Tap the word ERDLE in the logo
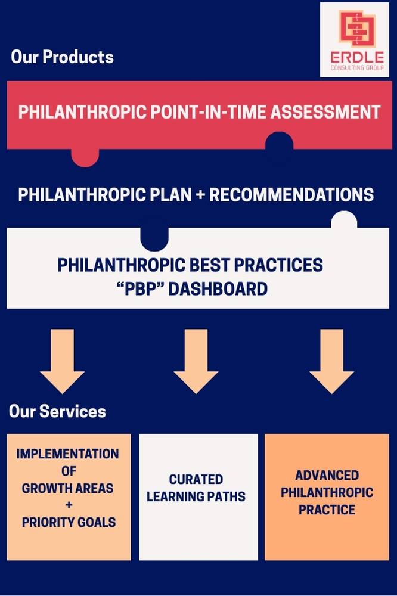coord(356,58)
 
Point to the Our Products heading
coord(63,57)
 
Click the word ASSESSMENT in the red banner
coord(325,112)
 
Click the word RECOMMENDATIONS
coord(291,195)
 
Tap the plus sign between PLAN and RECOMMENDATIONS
coord(200,195)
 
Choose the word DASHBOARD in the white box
coord(218,289)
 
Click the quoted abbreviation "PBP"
coord(140,289)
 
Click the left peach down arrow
coord(63,361)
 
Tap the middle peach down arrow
coord(196,361)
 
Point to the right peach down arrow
coord(331,361)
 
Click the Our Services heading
coord(57,411)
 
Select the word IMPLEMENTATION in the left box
coord(68,454)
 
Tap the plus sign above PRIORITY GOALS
coord(69,505)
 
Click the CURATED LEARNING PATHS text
coord(196,488)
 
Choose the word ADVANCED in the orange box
coord(327,475)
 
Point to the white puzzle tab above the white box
coord(344,220)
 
